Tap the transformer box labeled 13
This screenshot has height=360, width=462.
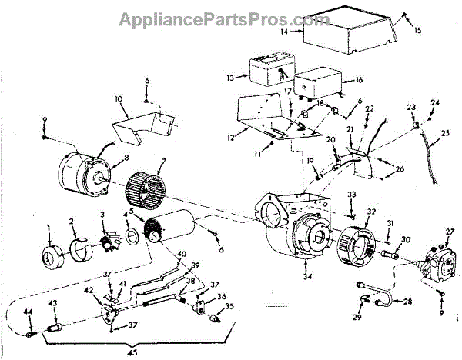(266, 70)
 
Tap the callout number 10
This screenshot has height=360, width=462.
(119, 99)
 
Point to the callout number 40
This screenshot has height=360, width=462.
(182, 255)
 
